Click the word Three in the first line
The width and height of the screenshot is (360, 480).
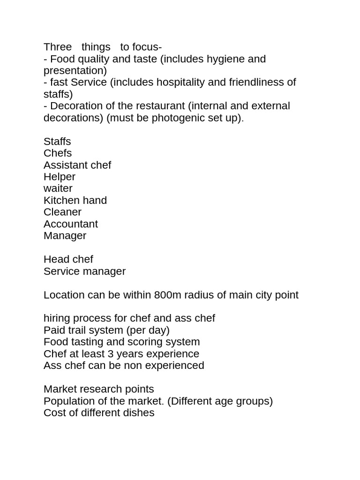[x=58, y=47]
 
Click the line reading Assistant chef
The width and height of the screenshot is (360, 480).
[x=77, y=165]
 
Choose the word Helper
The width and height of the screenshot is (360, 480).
[x=60, y=177]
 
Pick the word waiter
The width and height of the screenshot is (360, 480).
[x=58, y=188]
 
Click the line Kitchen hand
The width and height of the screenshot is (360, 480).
[x=75, y=200]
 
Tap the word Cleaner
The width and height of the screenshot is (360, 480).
[x=62, y=212]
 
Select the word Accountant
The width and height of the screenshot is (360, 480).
[x=71, y=224]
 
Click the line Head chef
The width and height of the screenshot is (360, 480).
[x=68, y=259]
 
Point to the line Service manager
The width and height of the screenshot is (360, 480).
[x=84, y=271]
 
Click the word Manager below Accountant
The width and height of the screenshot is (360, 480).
[x=65, y=236]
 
